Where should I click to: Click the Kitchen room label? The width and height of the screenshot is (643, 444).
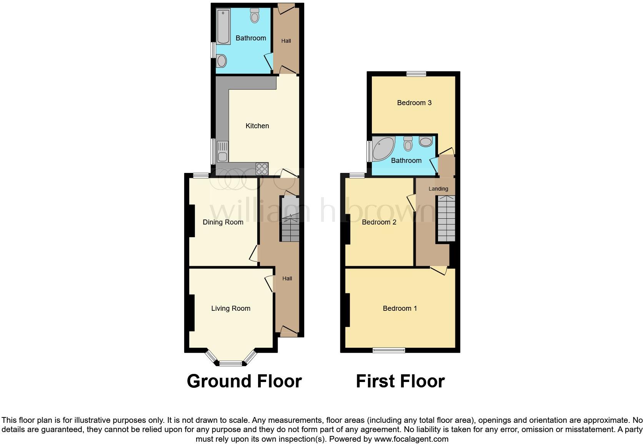[x=257, y=126]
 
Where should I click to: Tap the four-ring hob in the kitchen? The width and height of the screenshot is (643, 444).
[x=262, y=168]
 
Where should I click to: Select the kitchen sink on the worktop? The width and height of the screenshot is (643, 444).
[x=222, y=152]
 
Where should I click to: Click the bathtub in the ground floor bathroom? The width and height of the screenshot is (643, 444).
[x=223, y=27]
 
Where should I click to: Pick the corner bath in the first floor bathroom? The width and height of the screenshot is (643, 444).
[x=382, y=148]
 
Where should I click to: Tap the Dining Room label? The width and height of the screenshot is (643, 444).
[x=223, y=222]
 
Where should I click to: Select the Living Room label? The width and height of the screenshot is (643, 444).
[x=231, y=308]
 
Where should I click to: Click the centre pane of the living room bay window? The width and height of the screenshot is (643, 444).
[x=231, y=363]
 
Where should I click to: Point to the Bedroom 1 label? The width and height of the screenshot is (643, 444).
[x=400, y=308]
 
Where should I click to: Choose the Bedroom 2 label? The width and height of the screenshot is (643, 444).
[x=379, y=222]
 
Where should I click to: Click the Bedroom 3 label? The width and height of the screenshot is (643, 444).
[x=414, y=103]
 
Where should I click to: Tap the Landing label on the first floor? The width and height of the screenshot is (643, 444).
[x=438, y=189]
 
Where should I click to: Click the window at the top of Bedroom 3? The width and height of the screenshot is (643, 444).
[x=416, y=74]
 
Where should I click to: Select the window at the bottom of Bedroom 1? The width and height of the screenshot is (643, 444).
[x=389, y=350]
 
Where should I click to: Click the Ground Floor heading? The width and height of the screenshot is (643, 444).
[x=244, y=381]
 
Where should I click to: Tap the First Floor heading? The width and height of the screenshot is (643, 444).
[x=400, y=381]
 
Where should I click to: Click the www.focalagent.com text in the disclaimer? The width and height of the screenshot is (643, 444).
[x=410, y=439]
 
